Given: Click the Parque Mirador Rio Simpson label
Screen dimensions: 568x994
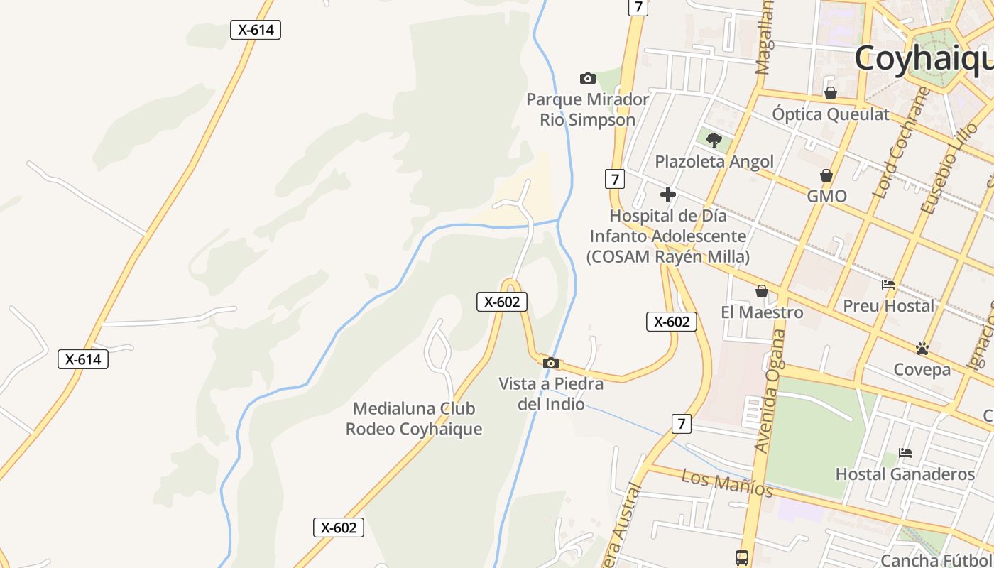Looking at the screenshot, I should coord(587,109).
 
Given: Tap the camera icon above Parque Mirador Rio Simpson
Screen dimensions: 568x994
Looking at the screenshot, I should coord(588,78).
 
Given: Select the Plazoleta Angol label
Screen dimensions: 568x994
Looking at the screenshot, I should coord(714,161).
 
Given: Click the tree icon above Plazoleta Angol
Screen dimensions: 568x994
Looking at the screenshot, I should coord(714,140).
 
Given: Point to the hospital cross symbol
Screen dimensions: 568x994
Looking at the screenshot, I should coord(667,194).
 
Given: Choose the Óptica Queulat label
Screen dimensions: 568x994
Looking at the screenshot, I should coord(831,114).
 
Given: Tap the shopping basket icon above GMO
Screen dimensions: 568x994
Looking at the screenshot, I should coord(826,175).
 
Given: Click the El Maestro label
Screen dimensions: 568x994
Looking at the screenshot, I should coord(762,312).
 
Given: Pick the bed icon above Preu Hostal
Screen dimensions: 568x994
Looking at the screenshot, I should coord(888,285).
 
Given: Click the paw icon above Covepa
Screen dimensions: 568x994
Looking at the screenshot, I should coord(922,349).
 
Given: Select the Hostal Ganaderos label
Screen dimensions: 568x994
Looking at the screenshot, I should coord(905,474).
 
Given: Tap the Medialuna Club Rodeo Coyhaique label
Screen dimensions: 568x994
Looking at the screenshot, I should coord(414,419).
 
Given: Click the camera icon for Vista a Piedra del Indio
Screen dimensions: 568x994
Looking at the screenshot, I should coord(550,364).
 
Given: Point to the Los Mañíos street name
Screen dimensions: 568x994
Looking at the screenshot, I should coord(727,483).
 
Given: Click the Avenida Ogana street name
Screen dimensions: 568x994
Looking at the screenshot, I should coord(771,390).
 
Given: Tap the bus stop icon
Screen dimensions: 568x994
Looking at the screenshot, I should coord(742,557).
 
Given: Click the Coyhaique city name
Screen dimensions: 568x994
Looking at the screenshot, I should coord(923,58).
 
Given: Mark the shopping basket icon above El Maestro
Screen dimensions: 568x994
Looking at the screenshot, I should coord(762,291).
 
